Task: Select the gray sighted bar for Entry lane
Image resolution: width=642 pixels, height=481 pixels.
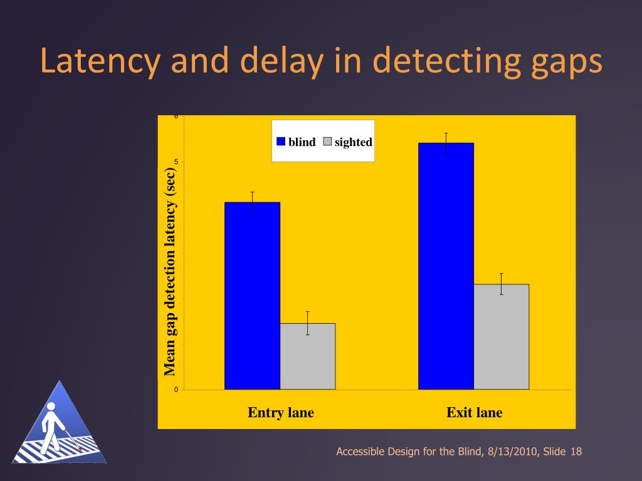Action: click(x=307, y=356)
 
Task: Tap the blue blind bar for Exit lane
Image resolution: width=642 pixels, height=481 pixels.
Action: click(x=446, y=266)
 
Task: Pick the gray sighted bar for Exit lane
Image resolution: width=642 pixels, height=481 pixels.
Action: click(x=501, y=337)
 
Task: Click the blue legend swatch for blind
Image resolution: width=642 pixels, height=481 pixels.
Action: click(x=282, y=142)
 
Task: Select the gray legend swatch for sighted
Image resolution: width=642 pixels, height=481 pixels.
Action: click(x=327, y=142)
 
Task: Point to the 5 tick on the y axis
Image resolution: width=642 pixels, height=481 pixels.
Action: click(x=176, y=162)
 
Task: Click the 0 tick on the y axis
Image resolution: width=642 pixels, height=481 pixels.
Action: click(x=176, y=390)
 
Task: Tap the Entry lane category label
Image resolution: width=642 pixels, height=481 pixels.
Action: click(x=281, y=412)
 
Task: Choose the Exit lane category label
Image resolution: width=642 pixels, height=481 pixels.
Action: click(x=474, y=412)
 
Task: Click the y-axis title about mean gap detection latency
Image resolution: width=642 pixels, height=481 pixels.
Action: click(x=170, y=272)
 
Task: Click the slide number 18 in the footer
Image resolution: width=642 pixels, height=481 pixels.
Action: click(x=576, y=452)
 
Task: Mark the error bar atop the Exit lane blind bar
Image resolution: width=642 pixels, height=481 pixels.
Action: click(x=446, y=143)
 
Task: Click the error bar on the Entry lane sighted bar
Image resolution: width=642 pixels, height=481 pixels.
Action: click(x=308, y=323)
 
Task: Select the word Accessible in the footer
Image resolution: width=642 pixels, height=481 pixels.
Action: click(x=360, y=452)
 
